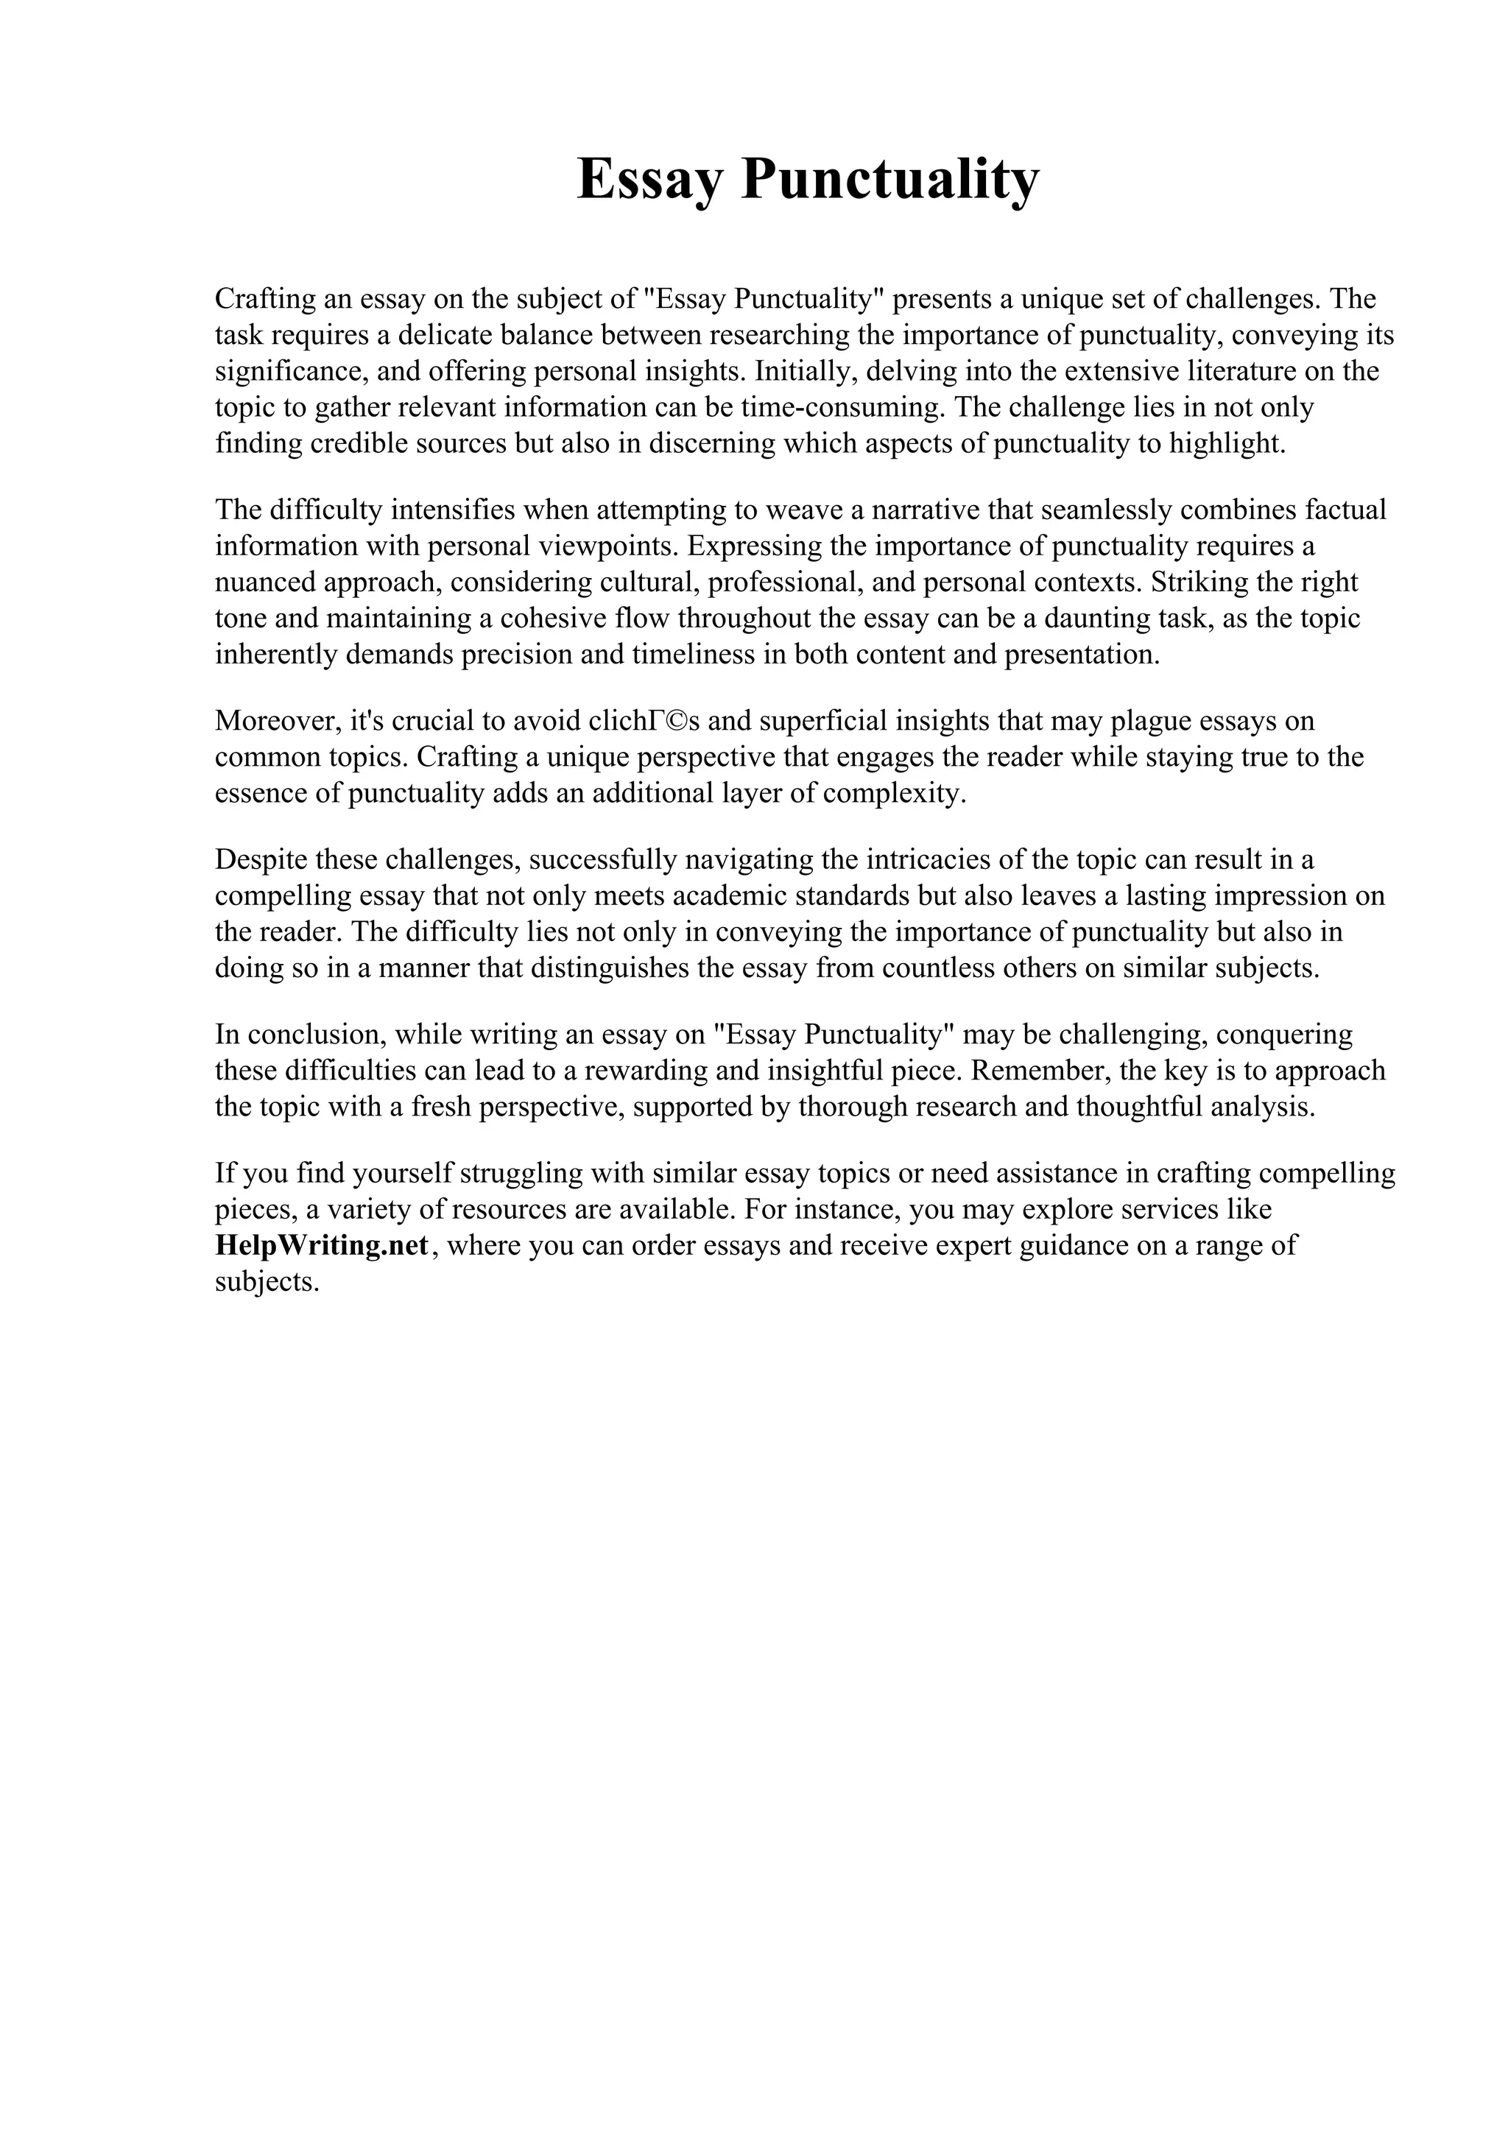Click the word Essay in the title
[649, 180]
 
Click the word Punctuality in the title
[890, 180]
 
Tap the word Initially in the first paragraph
[806, 371]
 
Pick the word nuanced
[265, 582]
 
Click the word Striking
[1193, 582]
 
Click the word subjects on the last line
[267, 1283]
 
